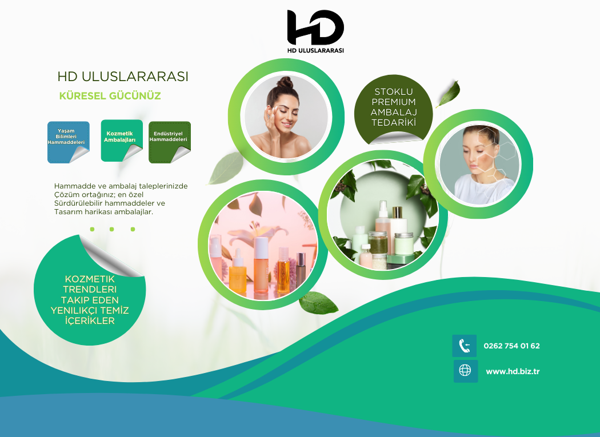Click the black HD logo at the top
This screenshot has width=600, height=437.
315,27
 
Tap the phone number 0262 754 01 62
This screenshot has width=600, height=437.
511,346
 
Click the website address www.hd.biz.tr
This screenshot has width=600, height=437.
513,371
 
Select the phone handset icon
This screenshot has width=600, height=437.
465,346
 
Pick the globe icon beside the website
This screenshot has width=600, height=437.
465,370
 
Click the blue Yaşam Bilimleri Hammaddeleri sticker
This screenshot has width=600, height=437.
69,142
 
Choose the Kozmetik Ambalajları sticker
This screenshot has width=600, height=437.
122,141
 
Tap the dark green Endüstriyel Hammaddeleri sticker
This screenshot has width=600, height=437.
170,142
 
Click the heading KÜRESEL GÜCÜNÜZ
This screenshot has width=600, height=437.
110,95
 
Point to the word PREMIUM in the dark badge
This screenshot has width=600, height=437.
393,102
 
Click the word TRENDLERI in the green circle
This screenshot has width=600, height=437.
90,289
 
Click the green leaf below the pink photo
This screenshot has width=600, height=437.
318,302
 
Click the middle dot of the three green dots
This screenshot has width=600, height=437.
112,229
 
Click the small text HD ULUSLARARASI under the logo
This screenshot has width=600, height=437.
315,50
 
